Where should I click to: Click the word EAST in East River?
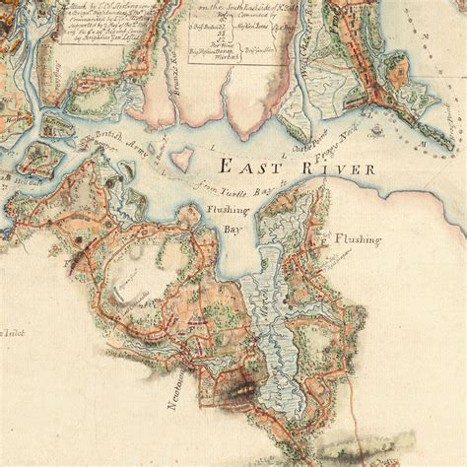click(x=242, y=167)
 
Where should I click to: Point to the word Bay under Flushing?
click(x=231, y=229)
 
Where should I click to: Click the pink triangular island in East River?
click(x=181, y=160)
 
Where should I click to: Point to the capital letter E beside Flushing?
click(x=321, y=239)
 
